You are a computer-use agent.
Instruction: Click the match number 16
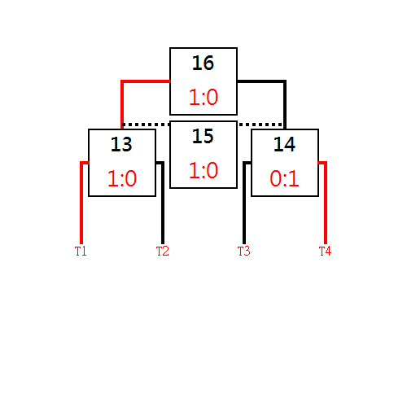click(203, 63)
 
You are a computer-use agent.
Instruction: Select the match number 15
click(203, 136)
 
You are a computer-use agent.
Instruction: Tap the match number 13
click(121, 144)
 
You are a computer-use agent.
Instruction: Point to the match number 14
click(284, 144)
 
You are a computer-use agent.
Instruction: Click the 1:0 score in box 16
click(203, 97)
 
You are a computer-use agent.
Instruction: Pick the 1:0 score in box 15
click(203, 170)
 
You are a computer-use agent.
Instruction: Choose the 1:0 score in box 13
click(122, 178)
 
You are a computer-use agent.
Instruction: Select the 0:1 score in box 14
click(284, 178)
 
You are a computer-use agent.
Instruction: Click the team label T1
click(81, 251)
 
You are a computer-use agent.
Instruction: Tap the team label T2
click(163, 251)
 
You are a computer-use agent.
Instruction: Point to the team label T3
click(244, 251)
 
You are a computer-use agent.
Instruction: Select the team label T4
click(325, 251)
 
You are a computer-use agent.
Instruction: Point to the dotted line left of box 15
click(146, 125)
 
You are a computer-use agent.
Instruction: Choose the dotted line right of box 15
click(261, 125)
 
